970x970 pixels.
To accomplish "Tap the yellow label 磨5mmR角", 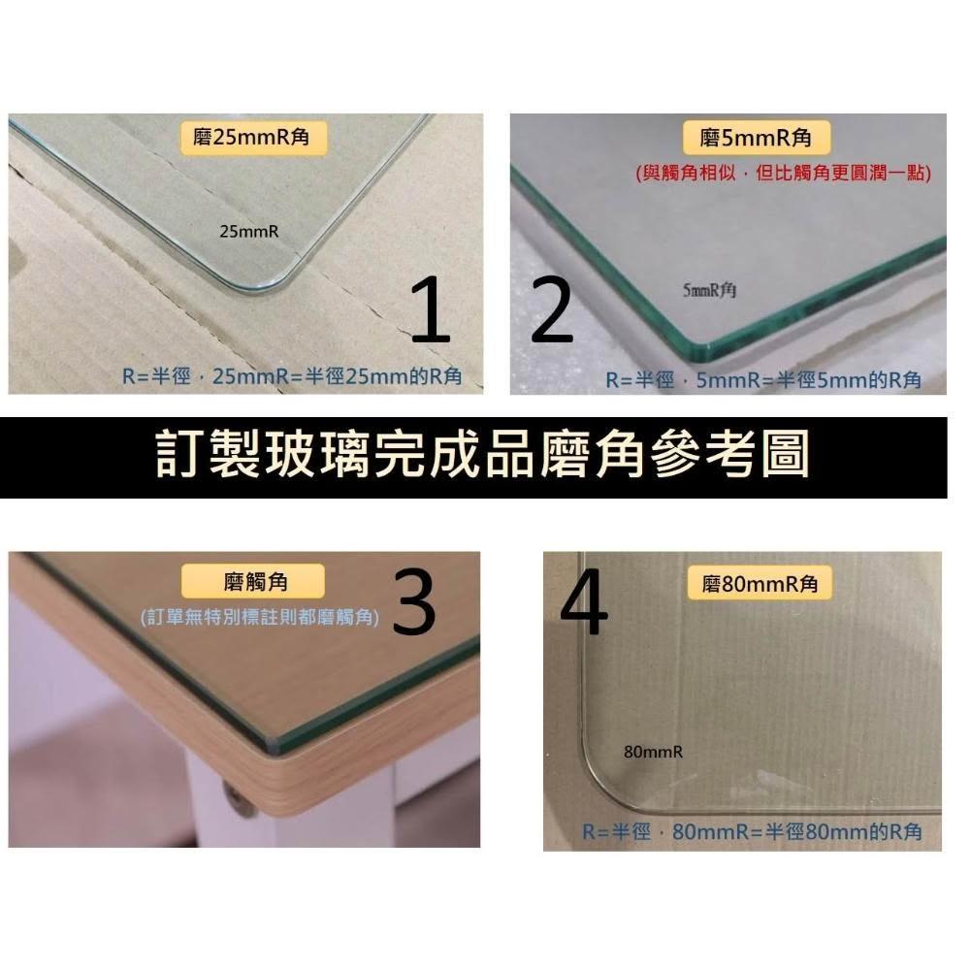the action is [x=756, y=138].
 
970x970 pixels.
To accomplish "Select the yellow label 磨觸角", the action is [x=253, y=581].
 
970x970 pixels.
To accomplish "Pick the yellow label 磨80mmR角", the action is [x=760, y=583].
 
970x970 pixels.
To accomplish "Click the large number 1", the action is [x=432, y=309].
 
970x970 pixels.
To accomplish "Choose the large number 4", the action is [x=585, y=603].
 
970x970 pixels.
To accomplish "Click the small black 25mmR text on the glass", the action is [x=248, y=232].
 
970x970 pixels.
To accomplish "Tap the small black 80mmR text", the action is [x=653, y=752].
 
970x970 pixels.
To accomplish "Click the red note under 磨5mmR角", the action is [x=783, y=172].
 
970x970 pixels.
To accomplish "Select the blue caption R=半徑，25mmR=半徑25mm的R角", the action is [x=292, y=376].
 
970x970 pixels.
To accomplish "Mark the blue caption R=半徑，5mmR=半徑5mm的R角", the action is [x=763, y=380].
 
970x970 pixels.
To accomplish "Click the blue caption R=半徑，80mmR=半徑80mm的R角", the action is [x=752, y=831].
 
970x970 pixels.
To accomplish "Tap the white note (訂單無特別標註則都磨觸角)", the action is [x=260, y=617].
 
